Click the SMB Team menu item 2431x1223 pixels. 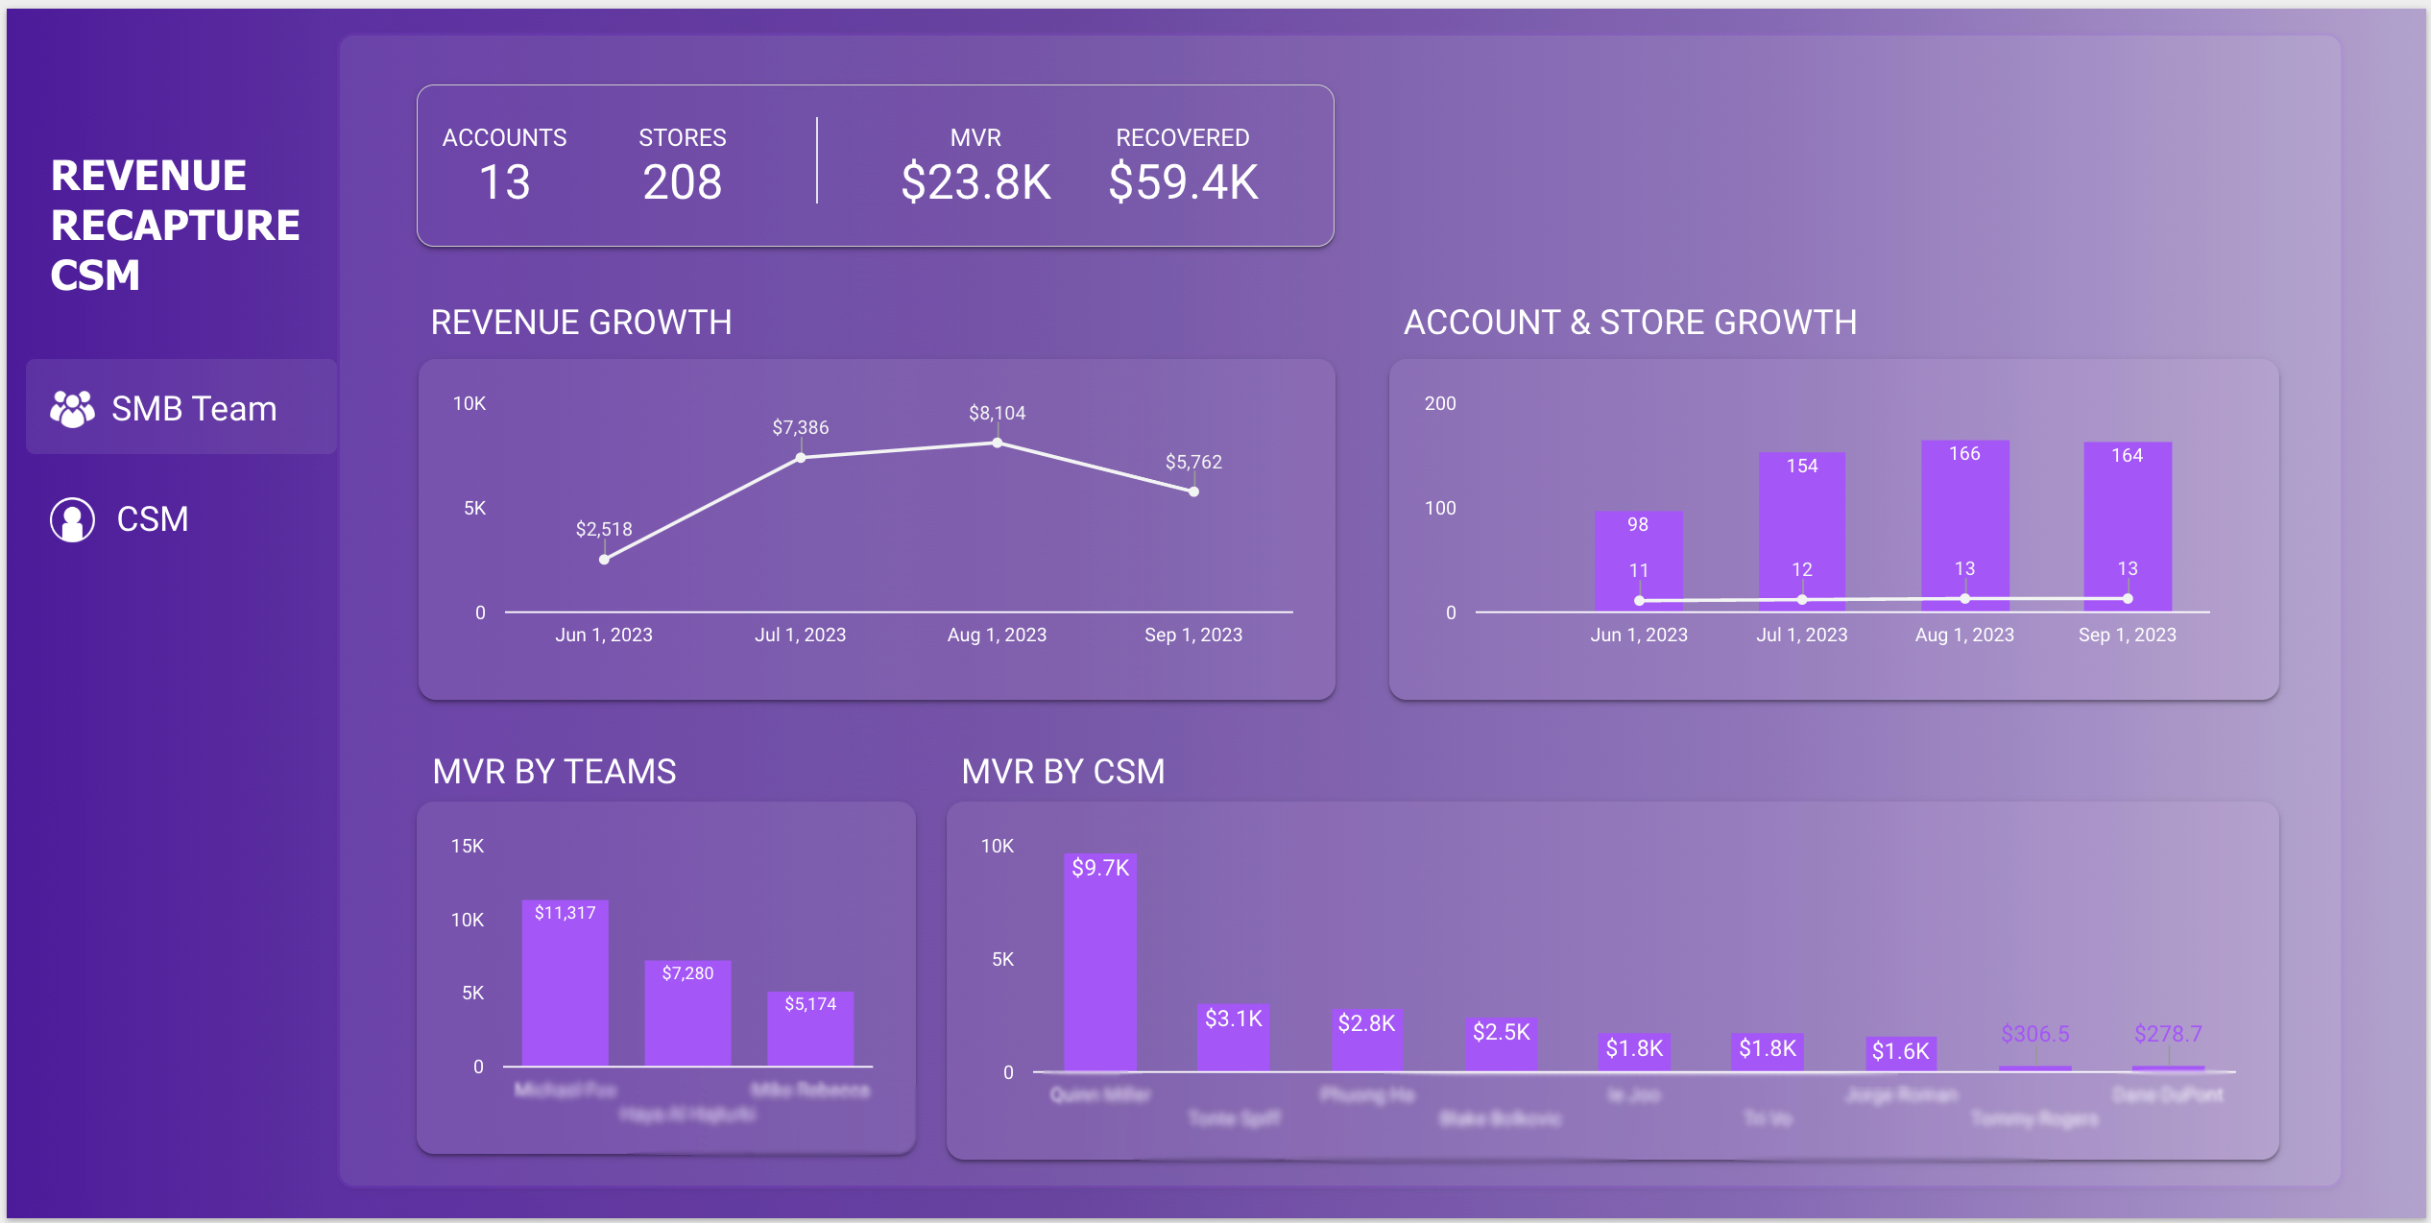point(181,408)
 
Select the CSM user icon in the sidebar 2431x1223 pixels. point(72,519)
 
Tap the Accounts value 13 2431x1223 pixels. point(504,182)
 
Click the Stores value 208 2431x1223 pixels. point(682,182)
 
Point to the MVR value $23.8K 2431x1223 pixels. point(975,182)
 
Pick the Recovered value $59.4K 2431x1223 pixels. point(1183,182)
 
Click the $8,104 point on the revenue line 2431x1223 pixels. point(998,443)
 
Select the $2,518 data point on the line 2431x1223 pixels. point(604,559)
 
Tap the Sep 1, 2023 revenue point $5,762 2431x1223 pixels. point(1193,492)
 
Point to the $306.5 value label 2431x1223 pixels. point(2034,1034)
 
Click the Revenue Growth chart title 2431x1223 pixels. point(581,323)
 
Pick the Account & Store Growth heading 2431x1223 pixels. point(1629,323)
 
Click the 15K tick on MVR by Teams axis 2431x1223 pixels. point(468,846)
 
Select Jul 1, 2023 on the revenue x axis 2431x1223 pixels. point(800,635)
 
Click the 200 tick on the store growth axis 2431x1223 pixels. point(1439,403)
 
